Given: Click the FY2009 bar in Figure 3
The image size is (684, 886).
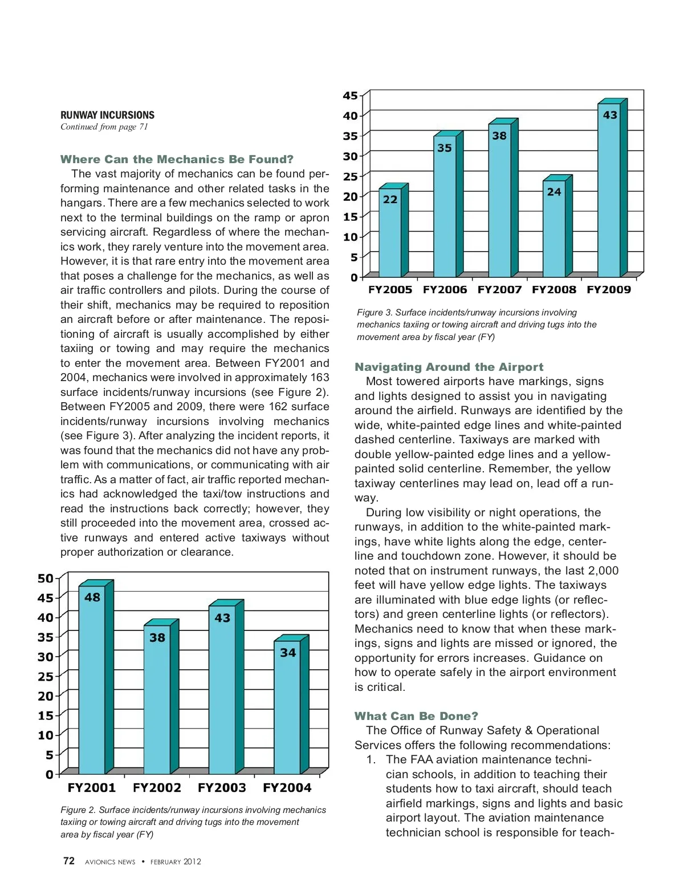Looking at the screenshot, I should tap(609, 191).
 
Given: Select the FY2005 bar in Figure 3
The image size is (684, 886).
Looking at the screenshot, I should tap(390, 234).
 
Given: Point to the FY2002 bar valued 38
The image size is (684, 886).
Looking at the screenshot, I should tap(157, 699).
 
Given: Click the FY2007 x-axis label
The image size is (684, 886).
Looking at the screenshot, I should tap(499, 290).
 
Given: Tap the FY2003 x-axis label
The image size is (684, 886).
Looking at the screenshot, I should tap(222, 788).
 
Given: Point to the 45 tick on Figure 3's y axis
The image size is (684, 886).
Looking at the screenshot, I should tap(350, 96).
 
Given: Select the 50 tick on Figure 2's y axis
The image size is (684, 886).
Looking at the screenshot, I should tap(46, 578).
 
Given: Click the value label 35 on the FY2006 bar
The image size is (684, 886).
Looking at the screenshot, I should tap(445, 148).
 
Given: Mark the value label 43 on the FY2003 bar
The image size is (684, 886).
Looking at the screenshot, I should tap(222, 618).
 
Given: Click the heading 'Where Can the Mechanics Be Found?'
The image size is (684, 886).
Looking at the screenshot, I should tap(177, 159).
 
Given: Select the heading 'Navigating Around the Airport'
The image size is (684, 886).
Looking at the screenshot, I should tap(449, 367).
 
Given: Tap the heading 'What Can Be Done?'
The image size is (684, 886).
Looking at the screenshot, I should tap(416, 716).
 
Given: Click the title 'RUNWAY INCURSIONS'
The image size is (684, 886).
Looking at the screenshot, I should tap(107, 115).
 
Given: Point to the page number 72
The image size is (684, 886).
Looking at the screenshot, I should tap(69, 861).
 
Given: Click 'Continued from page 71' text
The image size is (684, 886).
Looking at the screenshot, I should tap(104, 127).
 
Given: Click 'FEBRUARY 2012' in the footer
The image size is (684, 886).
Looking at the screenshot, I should tap(176, 862).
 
